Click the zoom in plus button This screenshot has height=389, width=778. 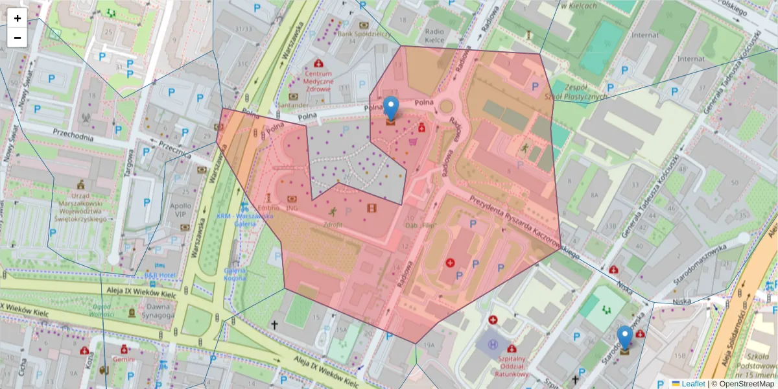[18, 18]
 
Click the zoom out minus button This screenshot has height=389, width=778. [18, 37]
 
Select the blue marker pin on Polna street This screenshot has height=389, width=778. [390, 109]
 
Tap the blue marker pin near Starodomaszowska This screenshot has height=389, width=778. [624, 339]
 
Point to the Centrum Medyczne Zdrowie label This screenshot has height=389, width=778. [319, 82]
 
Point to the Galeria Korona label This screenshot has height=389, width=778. [235, 274]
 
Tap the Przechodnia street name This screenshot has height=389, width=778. [73, 134]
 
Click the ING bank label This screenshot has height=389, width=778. [292, 209]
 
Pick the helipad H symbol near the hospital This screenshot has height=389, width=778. [493, 342]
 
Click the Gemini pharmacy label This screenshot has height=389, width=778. [123, 359]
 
